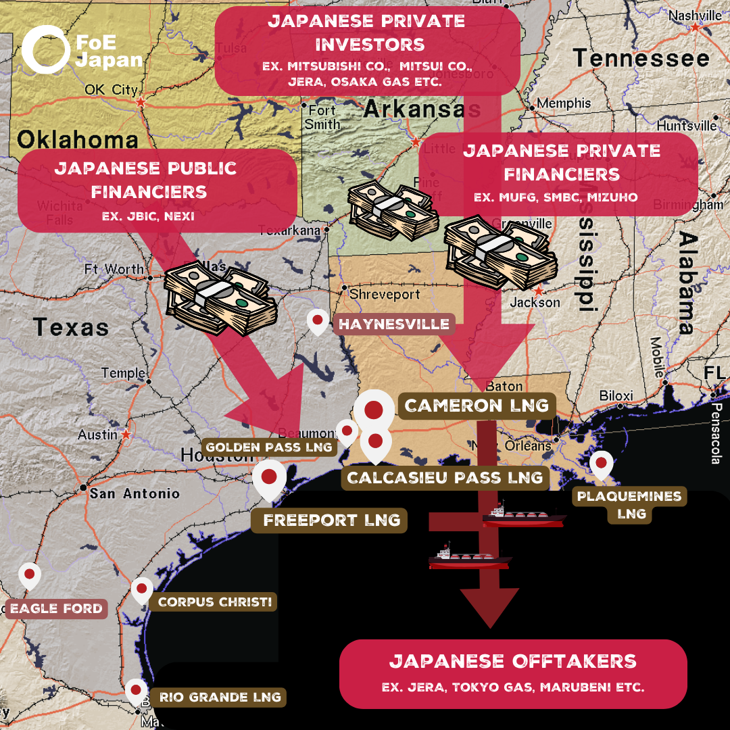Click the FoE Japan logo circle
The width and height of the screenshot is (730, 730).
point(45,49)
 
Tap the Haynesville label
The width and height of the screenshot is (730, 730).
point(394,324)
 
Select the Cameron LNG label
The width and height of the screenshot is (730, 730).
point(477,406)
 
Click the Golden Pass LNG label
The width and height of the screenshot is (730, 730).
point(269,447)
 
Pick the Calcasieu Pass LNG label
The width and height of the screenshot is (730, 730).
point(445,478)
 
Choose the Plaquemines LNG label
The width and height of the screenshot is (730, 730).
point(629,505)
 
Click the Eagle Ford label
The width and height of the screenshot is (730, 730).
point(56,608)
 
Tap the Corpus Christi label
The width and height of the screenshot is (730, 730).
point(214,602)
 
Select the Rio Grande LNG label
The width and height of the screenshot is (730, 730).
point(220,697)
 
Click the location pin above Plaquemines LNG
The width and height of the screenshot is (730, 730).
point(600,464)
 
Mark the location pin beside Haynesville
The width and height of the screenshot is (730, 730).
point(317,322)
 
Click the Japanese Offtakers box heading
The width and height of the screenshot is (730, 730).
point(513,660)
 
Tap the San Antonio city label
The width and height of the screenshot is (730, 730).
point(135,493)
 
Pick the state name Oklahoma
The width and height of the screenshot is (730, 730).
point(77,139)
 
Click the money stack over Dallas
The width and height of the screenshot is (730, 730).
point(220,298)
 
